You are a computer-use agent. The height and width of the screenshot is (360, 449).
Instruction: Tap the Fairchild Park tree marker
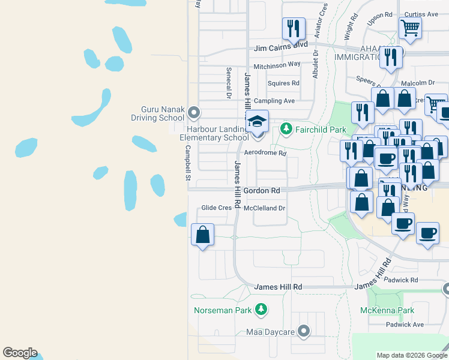(x=286, y=128)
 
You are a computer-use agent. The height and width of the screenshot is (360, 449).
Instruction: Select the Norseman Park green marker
(x=261, y=310)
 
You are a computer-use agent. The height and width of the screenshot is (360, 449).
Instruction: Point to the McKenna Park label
(x=387, y=310)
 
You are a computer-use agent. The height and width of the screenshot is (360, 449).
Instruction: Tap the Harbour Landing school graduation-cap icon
(x=257, y=122)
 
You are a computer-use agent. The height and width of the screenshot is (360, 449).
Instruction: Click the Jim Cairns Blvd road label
(x=281, y=46)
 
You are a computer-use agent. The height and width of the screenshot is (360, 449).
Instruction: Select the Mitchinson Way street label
(x=277, y=64)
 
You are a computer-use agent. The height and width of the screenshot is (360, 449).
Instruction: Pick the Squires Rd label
(x=283, y=83)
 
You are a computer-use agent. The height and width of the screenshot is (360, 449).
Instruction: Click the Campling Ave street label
(x=274, y=101)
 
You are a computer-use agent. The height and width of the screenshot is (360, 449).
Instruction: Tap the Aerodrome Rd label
(x=265, y=153)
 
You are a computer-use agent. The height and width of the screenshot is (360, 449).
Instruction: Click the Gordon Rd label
(x=262, y=190)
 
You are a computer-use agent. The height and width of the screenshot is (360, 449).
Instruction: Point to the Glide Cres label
(x=216, y=208)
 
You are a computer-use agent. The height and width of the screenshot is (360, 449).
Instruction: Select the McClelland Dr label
(x=264, y=208)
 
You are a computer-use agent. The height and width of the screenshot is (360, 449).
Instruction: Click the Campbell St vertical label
(x=187, y=163)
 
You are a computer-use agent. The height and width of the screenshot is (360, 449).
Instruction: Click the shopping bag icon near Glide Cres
(x=203, y=235)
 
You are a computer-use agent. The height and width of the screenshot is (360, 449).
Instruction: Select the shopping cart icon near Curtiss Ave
(x=410, y=27)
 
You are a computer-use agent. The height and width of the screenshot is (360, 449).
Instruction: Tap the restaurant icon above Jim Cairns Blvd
(x=294, y=28)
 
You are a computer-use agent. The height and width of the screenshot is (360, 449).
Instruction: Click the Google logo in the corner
(x=20, y=353)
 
